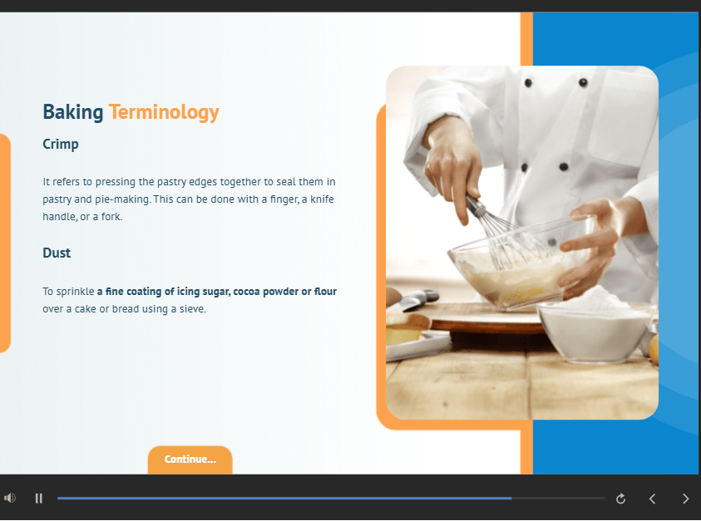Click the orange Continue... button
tap(190, 460)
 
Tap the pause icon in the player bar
tap(39, 499)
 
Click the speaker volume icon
tap(10, 498)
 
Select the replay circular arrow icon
tap(620, 499)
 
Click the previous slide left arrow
tap(652, 499)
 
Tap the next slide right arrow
tap(685, 499)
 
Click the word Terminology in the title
tap(164, 112)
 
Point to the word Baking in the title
tap(73, 111)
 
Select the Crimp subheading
tap(61, 145)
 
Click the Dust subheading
tap(57, 253)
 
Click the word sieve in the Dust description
tap(192, 309)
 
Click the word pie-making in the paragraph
tap(122, 199)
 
